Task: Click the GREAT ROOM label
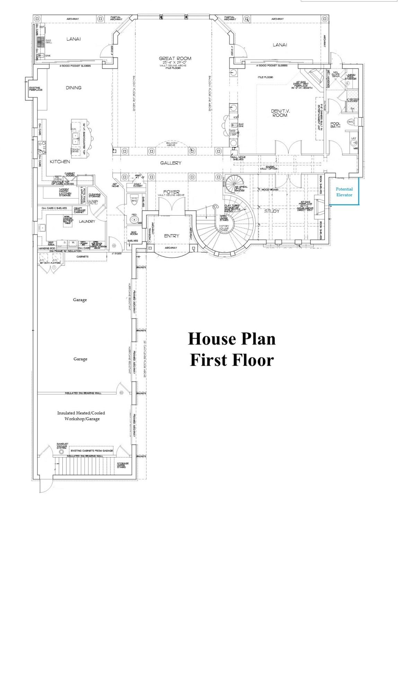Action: click(175, 59)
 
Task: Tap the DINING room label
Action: click(73, 88)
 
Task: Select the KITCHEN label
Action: click(60, 162)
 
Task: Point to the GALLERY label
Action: click(171, 163)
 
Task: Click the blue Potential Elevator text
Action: click(344, 192)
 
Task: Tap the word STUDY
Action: click(272, 211)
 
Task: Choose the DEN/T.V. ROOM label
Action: click(280, 113)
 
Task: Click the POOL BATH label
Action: click(335, 125)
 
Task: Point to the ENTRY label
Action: click(171, 236)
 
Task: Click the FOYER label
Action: click(171, 192)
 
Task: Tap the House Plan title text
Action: click(231, 339)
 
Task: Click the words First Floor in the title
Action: click(232, 360)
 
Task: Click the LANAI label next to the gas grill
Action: click(73, 39)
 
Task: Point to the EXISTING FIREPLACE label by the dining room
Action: click(35, 89)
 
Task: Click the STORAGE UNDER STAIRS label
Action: click(123, 465)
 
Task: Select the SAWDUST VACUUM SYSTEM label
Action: click(61, 446)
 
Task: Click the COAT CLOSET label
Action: click(137, 185)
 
